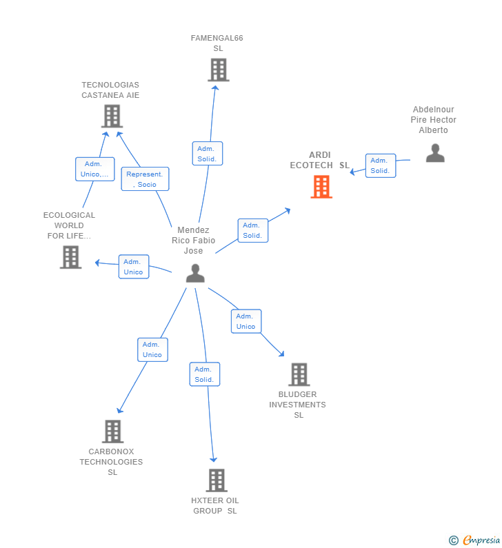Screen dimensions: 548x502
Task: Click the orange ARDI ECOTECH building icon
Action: point(321,187)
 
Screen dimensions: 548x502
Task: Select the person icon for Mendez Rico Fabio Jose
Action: point(195,274)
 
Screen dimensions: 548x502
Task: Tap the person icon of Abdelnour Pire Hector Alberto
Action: point(435,153)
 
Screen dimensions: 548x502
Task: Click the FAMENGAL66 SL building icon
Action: point(218,70)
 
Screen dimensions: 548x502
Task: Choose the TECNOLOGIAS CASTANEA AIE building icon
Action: point(112,116)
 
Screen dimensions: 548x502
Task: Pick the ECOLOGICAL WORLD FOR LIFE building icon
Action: point(70,257)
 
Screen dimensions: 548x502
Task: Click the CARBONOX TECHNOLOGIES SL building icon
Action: point(112,432)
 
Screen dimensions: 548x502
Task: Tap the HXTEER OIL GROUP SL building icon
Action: point(217,480)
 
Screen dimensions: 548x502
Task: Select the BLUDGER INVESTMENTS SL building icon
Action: point(299,374)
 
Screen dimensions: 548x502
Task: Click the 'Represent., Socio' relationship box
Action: point(145,179)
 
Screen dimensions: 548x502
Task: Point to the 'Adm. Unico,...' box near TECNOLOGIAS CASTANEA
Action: point(94,169)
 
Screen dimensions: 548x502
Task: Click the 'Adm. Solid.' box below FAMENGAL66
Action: point(207,154)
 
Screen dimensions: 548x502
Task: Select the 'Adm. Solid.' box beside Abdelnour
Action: point(380,165)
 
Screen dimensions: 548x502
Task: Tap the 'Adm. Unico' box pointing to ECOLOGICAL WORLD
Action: point(133,267)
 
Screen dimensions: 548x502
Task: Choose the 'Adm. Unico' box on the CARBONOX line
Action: point(152,349)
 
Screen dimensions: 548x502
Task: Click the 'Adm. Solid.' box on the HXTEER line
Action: point(204,374)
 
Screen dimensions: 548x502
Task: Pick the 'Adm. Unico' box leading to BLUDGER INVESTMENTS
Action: point(245,321)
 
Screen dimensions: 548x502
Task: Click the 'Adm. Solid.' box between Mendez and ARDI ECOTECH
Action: point(252,230)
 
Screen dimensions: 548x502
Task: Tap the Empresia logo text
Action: point(481,540)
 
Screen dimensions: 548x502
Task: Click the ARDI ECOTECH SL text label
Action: point(319,160)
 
